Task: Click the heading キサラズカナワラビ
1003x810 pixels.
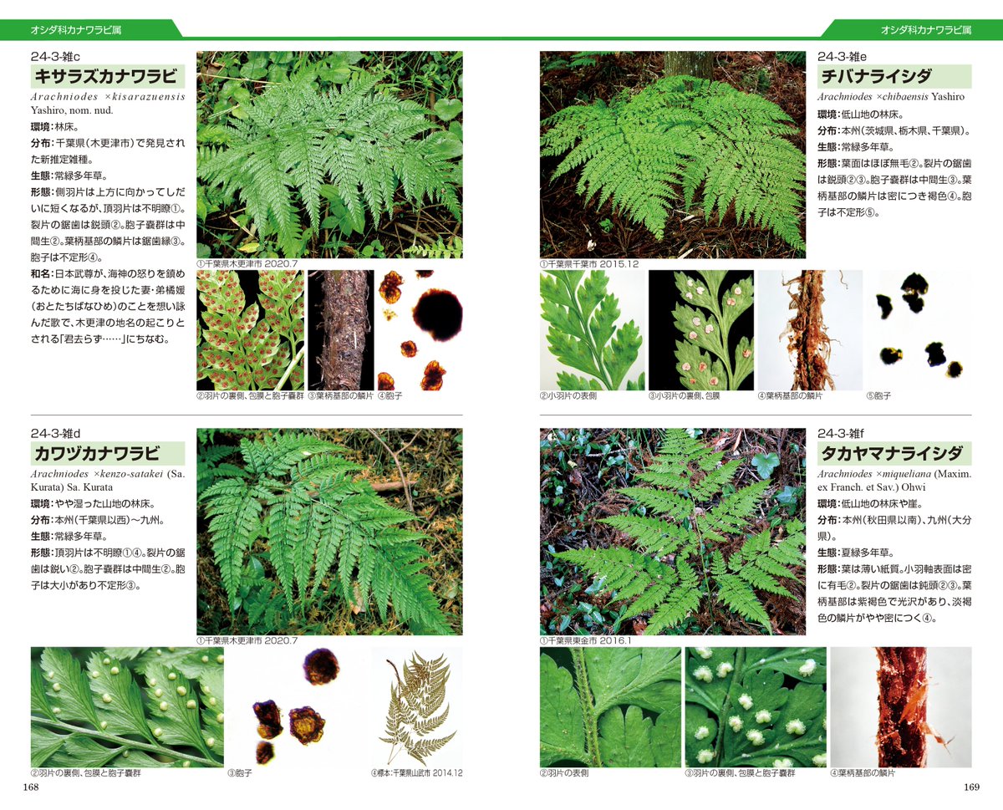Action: coord(106,76)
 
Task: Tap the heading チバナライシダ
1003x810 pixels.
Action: coord(876,76)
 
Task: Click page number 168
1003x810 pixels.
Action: coord(31,787)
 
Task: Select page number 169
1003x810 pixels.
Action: coord(971,787)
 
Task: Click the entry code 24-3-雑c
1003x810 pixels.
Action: coord(55,57)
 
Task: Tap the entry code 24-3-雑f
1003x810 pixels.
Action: coord(841,433)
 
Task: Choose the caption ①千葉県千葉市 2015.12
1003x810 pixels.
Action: coord(589,264)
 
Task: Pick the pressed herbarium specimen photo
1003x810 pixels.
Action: coord(417,707)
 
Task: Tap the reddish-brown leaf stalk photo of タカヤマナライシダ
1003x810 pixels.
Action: coord(901,707)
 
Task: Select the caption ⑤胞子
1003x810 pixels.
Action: coord(878,396)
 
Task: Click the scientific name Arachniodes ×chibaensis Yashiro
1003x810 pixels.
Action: coord(891,96)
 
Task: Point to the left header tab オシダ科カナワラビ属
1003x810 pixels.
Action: coord(76,30)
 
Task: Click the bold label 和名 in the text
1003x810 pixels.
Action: coord(41,274)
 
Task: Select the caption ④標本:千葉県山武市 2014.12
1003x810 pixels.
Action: coord(417,772)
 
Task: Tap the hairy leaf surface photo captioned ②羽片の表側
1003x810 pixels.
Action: coord(610,707)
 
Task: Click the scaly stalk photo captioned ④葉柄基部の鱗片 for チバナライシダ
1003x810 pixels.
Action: coord(810,330)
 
